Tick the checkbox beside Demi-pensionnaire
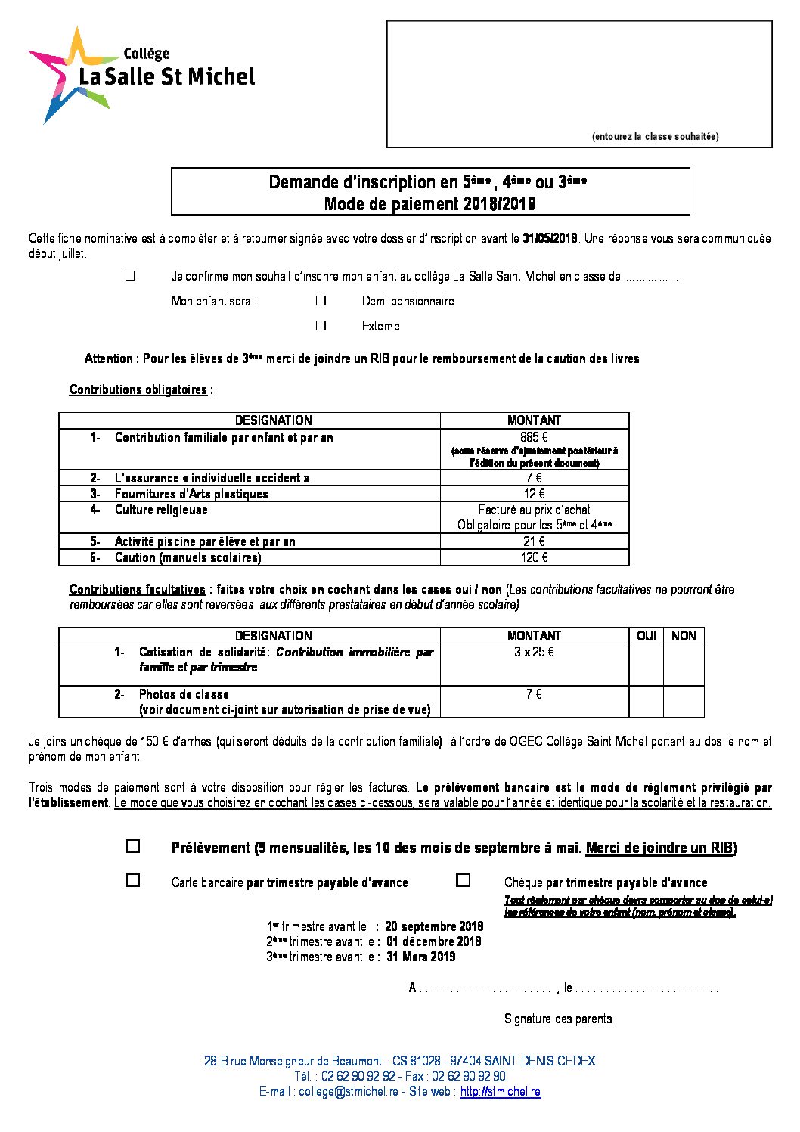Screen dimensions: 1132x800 [321, 301]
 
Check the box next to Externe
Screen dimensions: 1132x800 [321, 326]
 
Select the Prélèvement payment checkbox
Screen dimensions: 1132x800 [133, 847]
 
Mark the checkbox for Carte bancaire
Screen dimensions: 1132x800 [133, 881]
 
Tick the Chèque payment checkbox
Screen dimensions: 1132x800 [464, 881]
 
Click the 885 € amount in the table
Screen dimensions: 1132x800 [534, 437]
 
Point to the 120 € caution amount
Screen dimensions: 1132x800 [534, 557]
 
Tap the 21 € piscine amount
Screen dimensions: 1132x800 [534, 541]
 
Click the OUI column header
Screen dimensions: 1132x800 [647, 636]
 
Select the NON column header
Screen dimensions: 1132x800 [684, 636]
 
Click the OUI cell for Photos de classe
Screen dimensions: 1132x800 [647, 702]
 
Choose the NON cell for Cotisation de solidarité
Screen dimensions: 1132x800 [684, 665]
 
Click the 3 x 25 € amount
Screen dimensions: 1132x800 [534, 652]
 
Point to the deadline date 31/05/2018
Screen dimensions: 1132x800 [550, 238]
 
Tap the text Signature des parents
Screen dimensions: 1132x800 [558, 1019]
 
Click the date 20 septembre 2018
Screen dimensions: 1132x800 [434, 926]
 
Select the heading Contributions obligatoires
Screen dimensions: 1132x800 [138, 389]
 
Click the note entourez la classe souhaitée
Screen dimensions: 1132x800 [655, 137]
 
